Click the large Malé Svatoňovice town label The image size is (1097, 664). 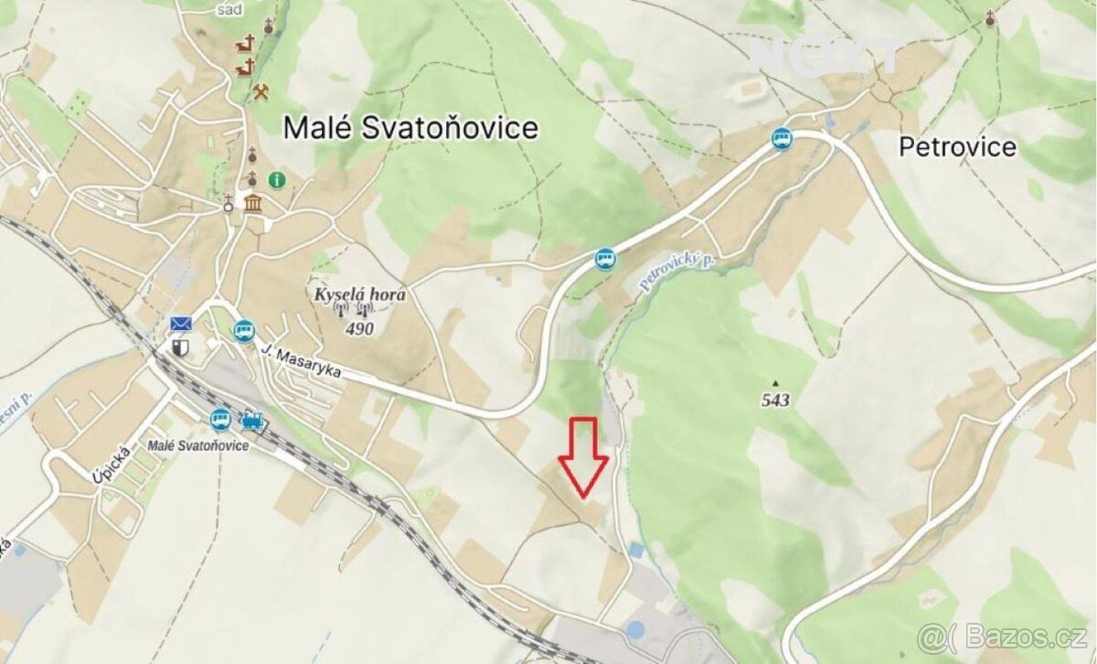(x=410, y=128)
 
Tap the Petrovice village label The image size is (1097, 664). (x=957, y=146)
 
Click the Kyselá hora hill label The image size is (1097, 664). (x=359, y=295)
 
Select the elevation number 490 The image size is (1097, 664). (x=360, y=327)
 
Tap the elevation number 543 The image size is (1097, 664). (x=775, y=400)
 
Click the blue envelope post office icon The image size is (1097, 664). (x=180, y=324)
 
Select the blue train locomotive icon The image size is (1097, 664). (x=252, y=420)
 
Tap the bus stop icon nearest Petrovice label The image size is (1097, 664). (x=781, y=139)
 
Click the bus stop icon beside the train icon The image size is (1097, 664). (x=220, y=420)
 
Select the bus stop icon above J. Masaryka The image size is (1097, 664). (x=243, y=330)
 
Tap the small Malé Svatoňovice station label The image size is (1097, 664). (x=197, y=445)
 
